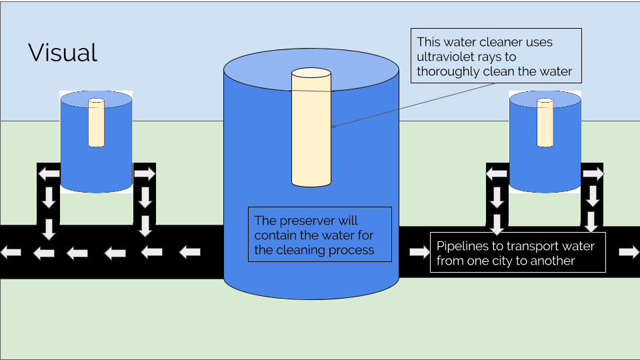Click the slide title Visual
coord(63,53)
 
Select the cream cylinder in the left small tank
coord(97,123)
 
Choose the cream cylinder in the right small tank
coord(545,123)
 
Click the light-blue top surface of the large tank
coord(311,60)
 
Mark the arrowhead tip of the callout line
coord(333,126)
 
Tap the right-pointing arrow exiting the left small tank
coord(145,174)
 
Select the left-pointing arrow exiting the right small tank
coord(497,174)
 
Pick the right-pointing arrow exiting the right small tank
coord(593,174)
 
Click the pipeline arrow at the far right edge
coord(628,252)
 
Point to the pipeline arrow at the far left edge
coord(10,253)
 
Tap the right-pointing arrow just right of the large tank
coord(419,252)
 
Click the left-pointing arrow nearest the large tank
coord(190,252)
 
